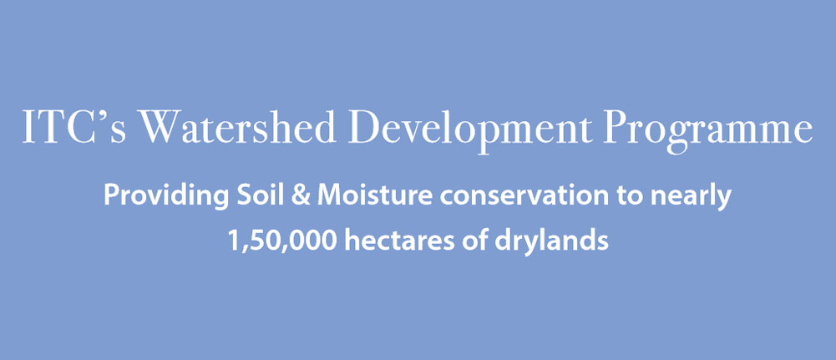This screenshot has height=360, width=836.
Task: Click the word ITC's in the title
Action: click(x=74, y=126)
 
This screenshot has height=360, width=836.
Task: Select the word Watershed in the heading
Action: click(x=238, y=126)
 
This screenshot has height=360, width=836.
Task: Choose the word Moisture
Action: click(x=374, y=195)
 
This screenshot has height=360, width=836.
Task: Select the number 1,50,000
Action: click(x=282, y=241)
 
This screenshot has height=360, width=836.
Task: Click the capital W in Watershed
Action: click(x=160, y=126)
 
